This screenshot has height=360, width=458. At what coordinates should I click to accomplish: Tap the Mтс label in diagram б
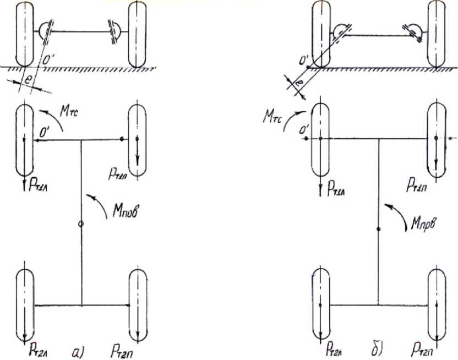tap(275, 117)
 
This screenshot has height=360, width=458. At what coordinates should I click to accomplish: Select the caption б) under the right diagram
tap(377, 348)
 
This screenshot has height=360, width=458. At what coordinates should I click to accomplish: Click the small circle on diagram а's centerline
tap(81, 225)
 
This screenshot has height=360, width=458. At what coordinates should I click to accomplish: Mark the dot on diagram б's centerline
tap(378, 229)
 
